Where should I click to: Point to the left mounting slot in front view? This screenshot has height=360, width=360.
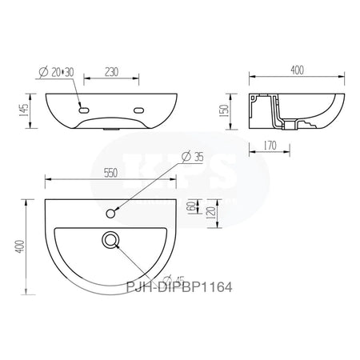(x=82, y=110)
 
